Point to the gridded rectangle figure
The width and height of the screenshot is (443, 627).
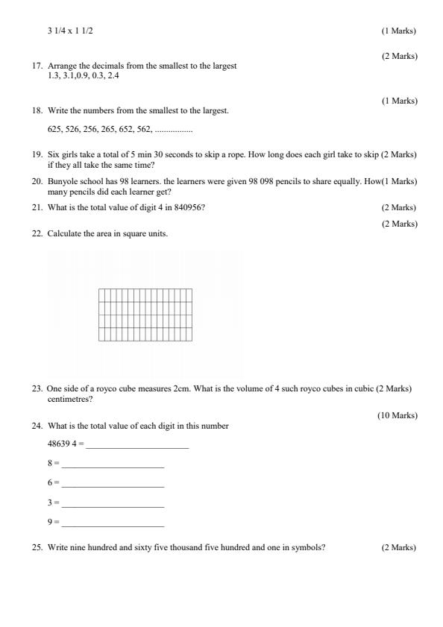(x=145, y=315)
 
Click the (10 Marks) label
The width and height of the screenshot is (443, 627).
(x=398, y=415)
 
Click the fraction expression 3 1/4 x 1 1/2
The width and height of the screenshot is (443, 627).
(x=71, y=31)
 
